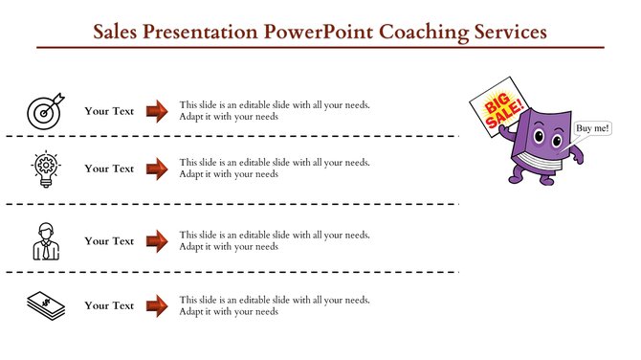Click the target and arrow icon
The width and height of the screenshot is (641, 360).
click(x=45, y=110)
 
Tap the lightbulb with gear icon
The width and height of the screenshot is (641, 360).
click(x=45, y=168)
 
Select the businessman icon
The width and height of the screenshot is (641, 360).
click(x=45, y=241)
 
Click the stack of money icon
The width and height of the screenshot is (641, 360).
click(x=45, y=305)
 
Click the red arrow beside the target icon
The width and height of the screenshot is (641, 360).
click(x=157, y=111)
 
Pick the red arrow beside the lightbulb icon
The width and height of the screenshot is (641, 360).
click(x=157, y=169)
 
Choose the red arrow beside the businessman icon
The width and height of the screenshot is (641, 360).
click(x=157, y=241)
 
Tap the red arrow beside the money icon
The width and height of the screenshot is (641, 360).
click(x=157, y=305)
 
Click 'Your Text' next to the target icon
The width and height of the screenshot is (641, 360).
click(x=109, y=111)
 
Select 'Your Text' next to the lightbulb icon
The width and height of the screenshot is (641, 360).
click(x=109, y=169)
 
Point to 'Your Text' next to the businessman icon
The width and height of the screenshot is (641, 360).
click(x=109, y=241)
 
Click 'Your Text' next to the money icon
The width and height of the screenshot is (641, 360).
click(x=109, y=305)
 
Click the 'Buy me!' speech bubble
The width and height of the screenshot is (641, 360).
click(x=592, y=128)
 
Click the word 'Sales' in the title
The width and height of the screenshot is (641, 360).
click(x=120, y=32)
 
